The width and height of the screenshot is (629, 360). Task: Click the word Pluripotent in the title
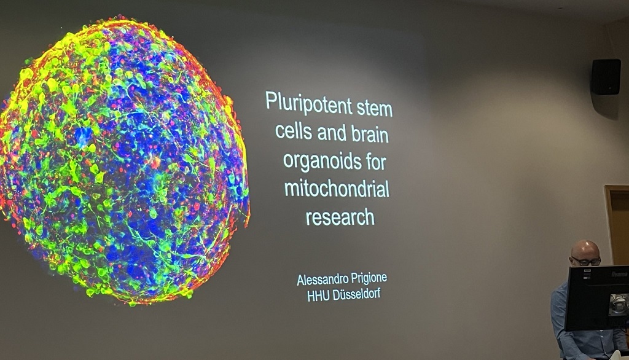click(308, 103)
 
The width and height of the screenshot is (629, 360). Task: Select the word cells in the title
click(294, 131)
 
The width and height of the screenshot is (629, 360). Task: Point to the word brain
click(370, 134)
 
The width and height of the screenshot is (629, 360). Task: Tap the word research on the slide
click(340, 216)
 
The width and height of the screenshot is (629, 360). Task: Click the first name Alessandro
click(317, 279)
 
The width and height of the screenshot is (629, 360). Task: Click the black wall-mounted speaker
click(606, 77)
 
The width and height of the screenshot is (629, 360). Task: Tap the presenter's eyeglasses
click(587, 262)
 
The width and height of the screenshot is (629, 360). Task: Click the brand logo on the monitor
click(619, 274)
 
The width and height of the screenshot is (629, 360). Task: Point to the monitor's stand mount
click(619, 305)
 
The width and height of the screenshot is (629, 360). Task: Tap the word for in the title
click(376, 162)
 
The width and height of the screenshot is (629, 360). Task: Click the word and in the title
click(332, 133)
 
